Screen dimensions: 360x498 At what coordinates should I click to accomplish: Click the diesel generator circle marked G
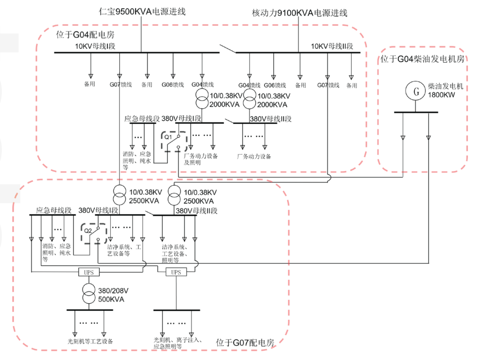(416, 91)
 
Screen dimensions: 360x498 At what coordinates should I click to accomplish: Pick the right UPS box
(176, 272)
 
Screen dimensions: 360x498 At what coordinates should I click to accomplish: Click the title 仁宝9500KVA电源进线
(142, 12)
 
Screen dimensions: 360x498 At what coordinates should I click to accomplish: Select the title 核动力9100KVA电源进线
(299, 13)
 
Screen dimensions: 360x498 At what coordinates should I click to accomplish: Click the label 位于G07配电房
(245, 343)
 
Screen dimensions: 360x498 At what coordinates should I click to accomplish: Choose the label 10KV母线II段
(332, 46)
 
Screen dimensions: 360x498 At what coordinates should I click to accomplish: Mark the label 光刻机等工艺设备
(90, 342)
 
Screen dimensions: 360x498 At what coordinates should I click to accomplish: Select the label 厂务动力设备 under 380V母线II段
(254, 156)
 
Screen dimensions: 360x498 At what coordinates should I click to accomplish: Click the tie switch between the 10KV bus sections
(226, 48)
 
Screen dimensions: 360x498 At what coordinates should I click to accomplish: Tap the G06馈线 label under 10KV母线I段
(173, 85)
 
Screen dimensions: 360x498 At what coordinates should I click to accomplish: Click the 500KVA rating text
(111, 299)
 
